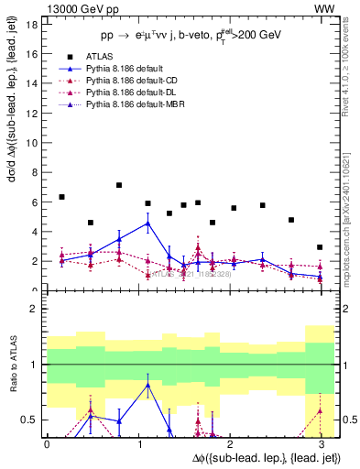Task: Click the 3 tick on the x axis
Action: (321, 444)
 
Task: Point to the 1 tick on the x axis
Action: (138, 444)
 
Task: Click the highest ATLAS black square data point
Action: (119, 185)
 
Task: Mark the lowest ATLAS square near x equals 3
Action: (319, 247)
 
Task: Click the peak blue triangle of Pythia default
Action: (148, 223)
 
